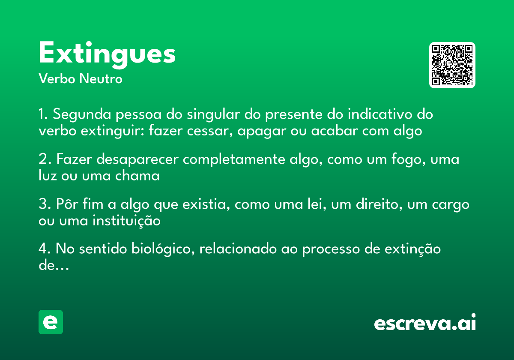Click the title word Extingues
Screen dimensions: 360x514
pyautogui.click(x=107, y=54)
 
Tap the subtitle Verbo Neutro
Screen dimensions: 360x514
pyautogui.click(x=80, y=79)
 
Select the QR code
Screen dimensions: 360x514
pyautogui.click(x=452, y=65)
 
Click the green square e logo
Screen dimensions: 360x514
pyautogui.click(x=51, y=322)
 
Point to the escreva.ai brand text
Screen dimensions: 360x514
pyautogui.click(x=425, y=323)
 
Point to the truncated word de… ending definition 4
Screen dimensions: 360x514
pyautogui.click(x=54, y=265)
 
